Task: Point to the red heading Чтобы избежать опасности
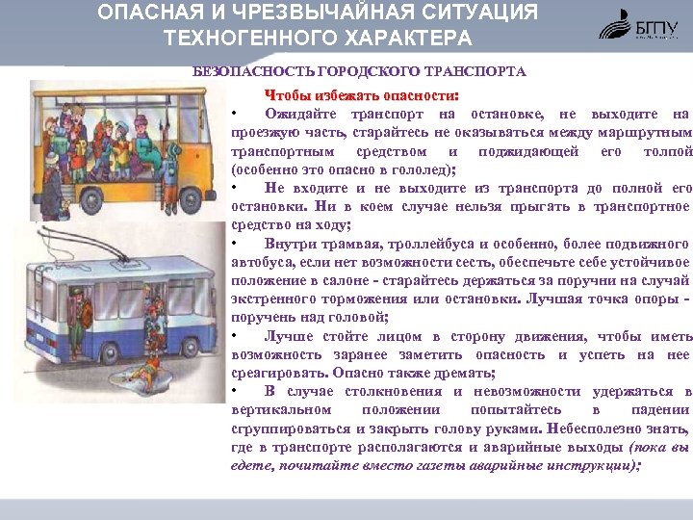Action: coord(361,95)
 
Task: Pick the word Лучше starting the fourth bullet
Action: coord(290,335)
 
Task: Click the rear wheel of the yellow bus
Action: coord(64,198)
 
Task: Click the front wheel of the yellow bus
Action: coord(177,198)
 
